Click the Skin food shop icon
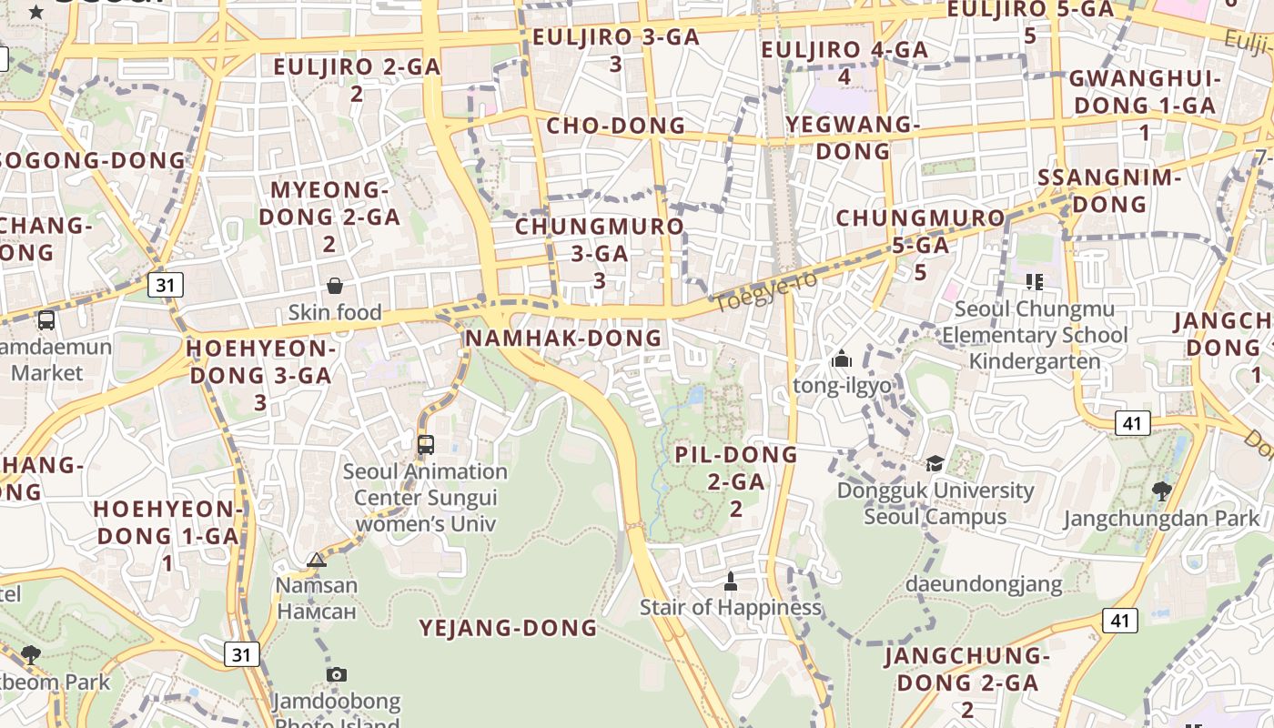point(335,286)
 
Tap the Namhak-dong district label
point(563,338)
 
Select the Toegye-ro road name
point(765,291)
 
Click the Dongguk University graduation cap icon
point(935,464)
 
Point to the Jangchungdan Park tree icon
point(1161,492)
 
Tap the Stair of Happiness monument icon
point(730,581)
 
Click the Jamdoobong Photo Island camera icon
point(337,674)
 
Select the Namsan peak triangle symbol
point(317,560)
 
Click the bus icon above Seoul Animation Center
point(425,445)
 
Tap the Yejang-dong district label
point(508,628)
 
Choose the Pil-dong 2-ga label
point(736,480)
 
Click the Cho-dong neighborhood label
point(615,126)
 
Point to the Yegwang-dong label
point(853,137)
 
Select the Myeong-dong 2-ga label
point(329,217)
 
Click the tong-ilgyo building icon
point(841,359)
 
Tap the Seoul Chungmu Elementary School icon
point(1034,282)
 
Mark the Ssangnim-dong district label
point(1108,190)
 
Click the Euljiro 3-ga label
point(616,50)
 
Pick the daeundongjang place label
point(984,583)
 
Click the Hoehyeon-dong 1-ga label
point(167,535)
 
